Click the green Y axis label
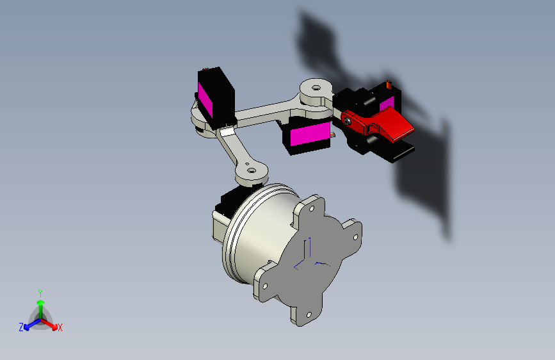40,293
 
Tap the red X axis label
60,327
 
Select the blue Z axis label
21,327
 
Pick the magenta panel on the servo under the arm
310,133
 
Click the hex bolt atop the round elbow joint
316,88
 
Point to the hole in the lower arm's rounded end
252,170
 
